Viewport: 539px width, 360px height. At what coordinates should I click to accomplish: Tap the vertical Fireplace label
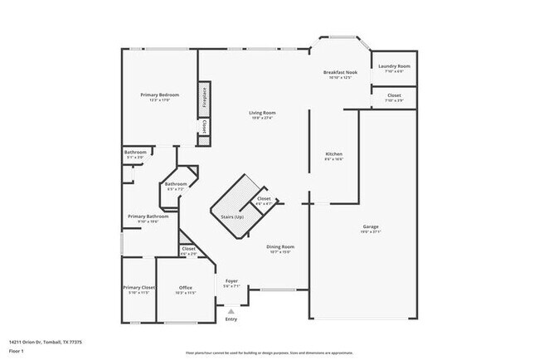(x=203, y=98)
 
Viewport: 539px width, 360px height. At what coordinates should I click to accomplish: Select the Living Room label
(x=263, y=113)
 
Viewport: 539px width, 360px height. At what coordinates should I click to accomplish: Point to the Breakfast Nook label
(x=340, y=73)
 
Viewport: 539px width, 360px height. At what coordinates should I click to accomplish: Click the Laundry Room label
(x=394, y=66)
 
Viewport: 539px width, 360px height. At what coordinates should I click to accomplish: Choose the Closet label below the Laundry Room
(x=394, y=96)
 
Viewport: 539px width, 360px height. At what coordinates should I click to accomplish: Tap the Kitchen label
(x=333, y=154)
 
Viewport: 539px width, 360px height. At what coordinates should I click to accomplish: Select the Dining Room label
(x=279, y=246)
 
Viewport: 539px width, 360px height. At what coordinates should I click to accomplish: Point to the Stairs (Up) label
(x=232, y=216)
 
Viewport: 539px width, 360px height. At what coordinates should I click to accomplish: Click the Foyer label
(x=232, y=281)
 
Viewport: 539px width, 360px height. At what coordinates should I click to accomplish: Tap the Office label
(x=186, y=288)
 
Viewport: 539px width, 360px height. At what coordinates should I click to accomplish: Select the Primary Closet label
(x=138, y=288)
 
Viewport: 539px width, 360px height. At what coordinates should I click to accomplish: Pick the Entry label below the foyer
(x=231, y=319)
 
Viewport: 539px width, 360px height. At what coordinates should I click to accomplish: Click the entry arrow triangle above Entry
(x=231, y=312)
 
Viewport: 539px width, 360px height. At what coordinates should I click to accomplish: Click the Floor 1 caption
(x=17, y=351)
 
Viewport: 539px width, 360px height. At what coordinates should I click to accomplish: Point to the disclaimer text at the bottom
(x=269, y=352)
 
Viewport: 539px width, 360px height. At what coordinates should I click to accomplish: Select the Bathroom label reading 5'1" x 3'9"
(x=136, y=153)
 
